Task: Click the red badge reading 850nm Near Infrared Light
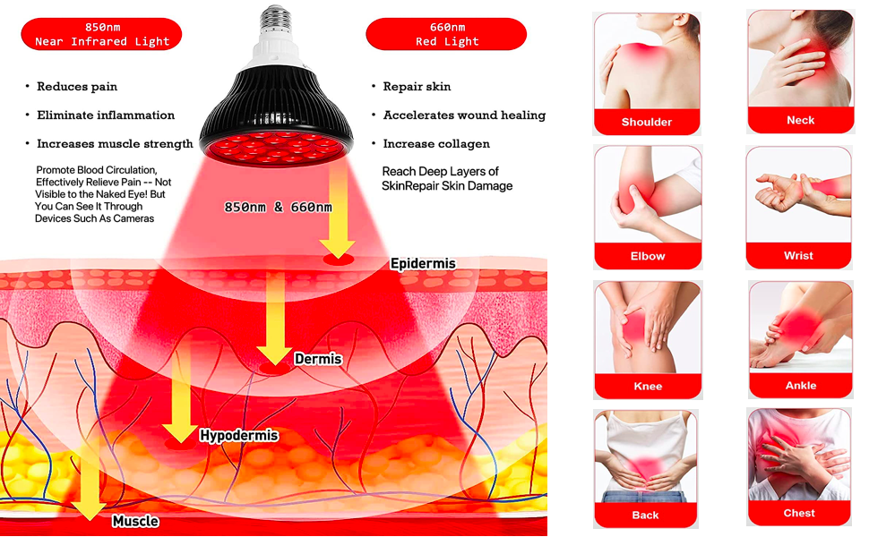(101, 34)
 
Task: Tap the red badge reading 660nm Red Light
(446, 34)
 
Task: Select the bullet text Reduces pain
(77, 87)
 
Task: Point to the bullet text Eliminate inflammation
(106, 115)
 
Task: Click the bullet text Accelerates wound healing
(464, 115)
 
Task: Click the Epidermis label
(423, 264)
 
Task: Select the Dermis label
(318, 360)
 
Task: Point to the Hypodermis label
(238, 437)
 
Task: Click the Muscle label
(135, 521)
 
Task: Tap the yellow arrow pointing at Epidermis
(339, 210)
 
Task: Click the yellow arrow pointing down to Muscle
(90, 483)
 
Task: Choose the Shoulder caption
(647, 122)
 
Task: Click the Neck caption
(800, 120)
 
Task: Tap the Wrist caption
(798, 255)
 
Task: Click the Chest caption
(799, 513)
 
